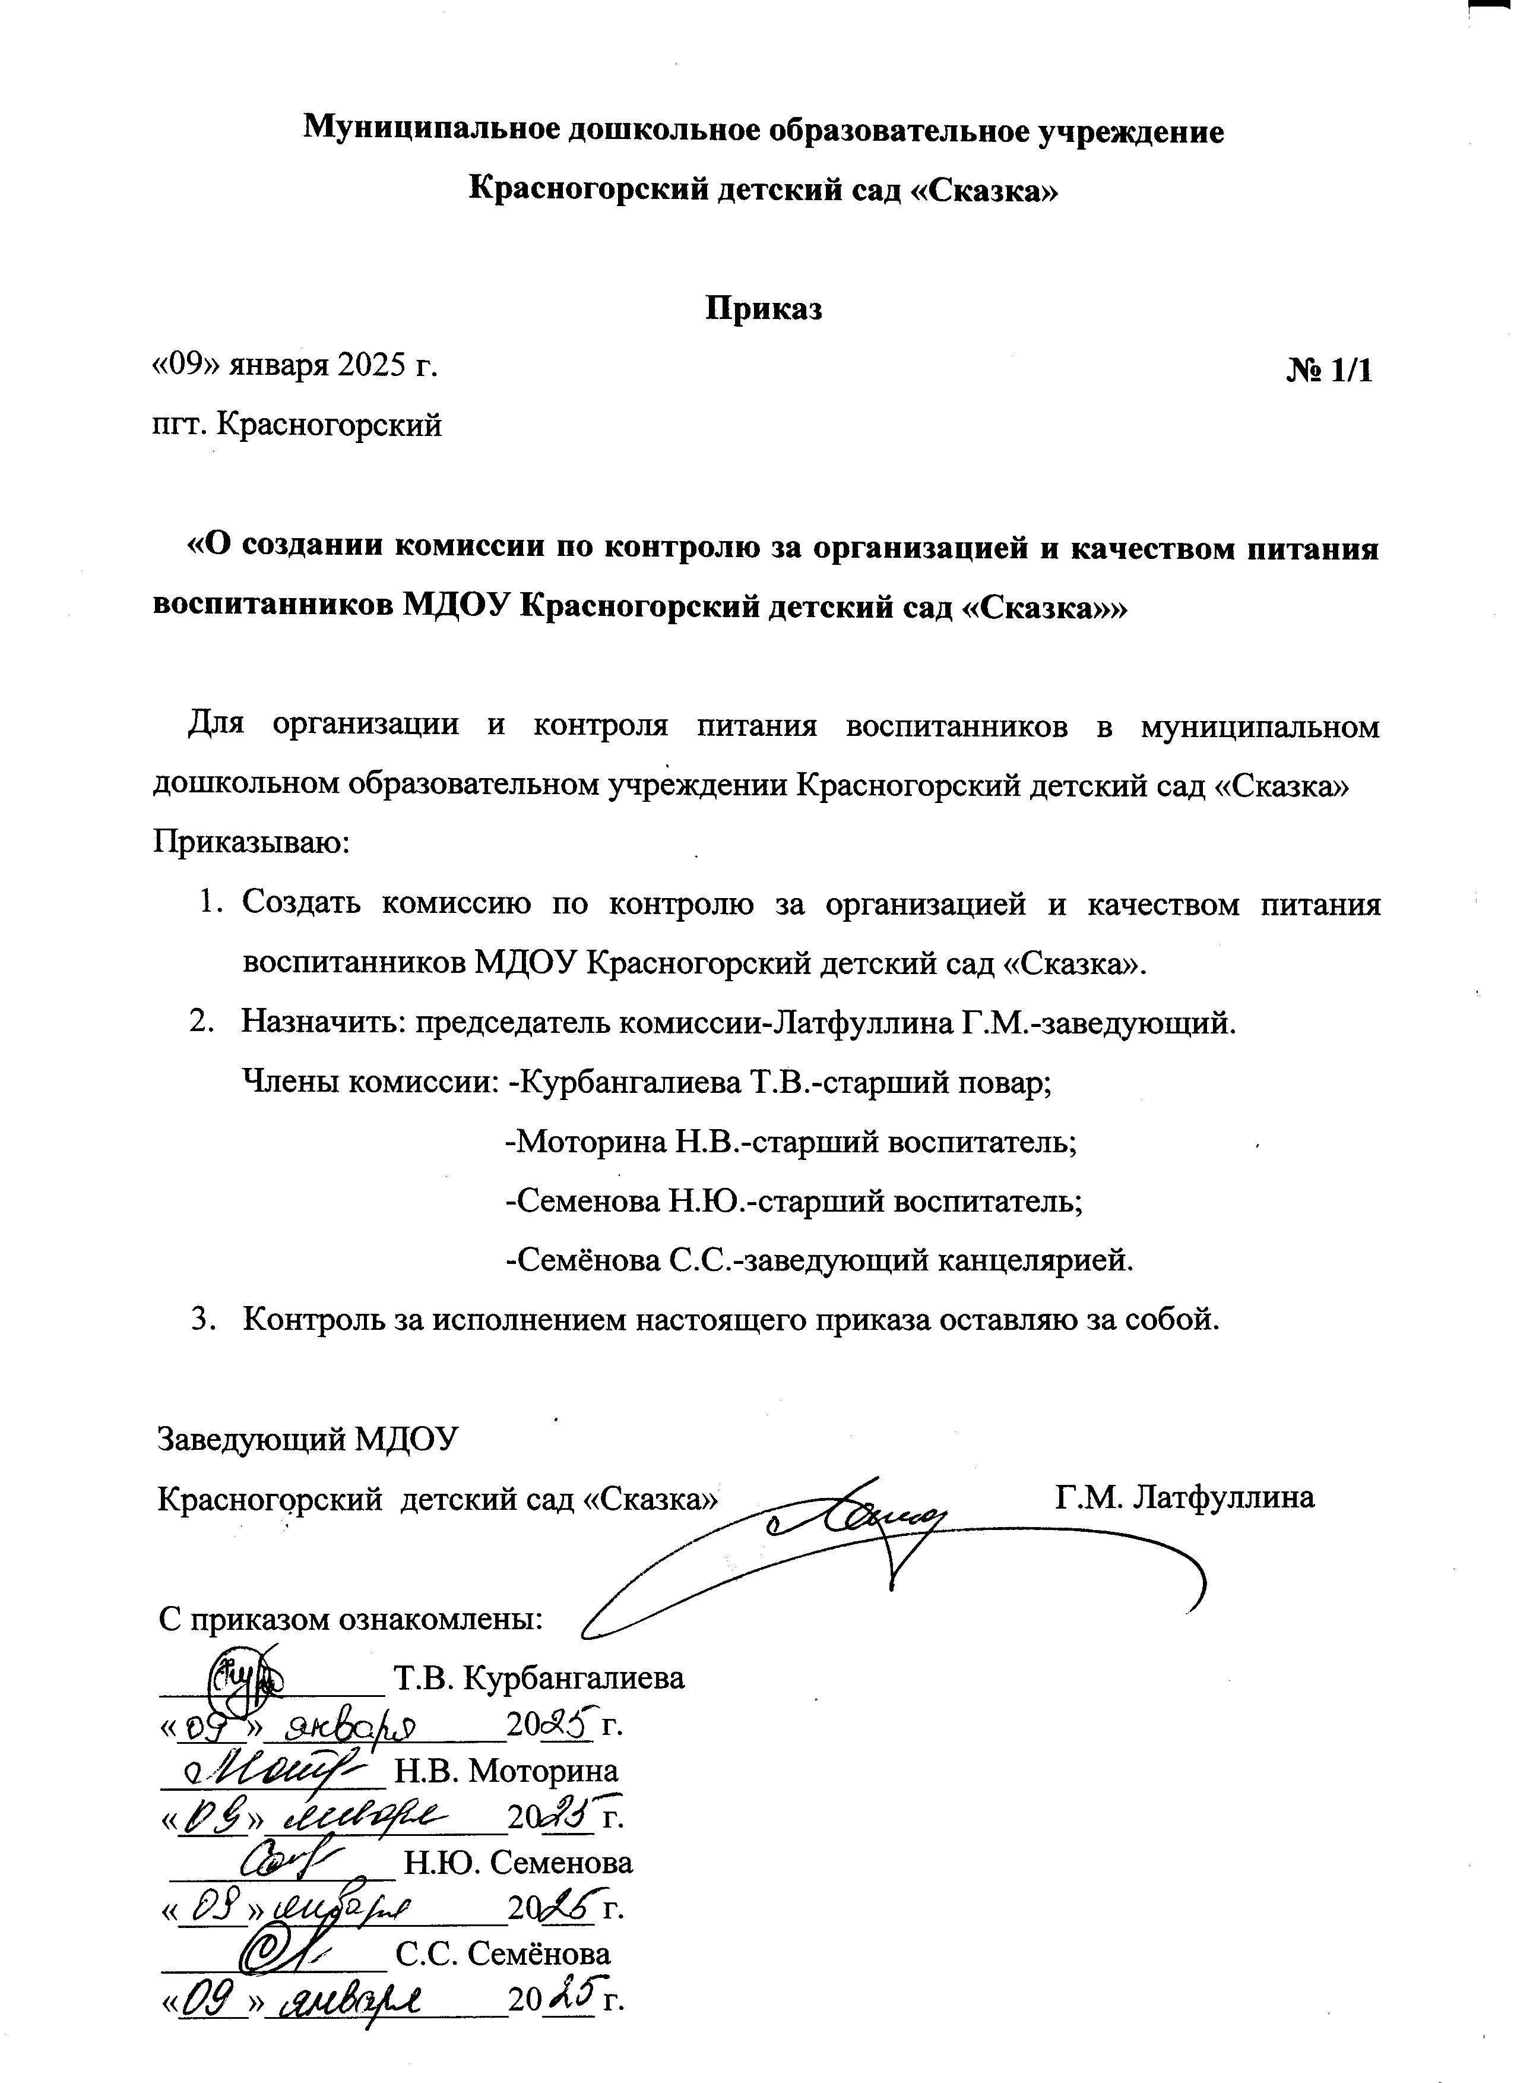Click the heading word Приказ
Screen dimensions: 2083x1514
click(x=763, y=309)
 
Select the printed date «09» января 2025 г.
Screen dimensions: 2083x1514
click(x=294, y=365)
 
